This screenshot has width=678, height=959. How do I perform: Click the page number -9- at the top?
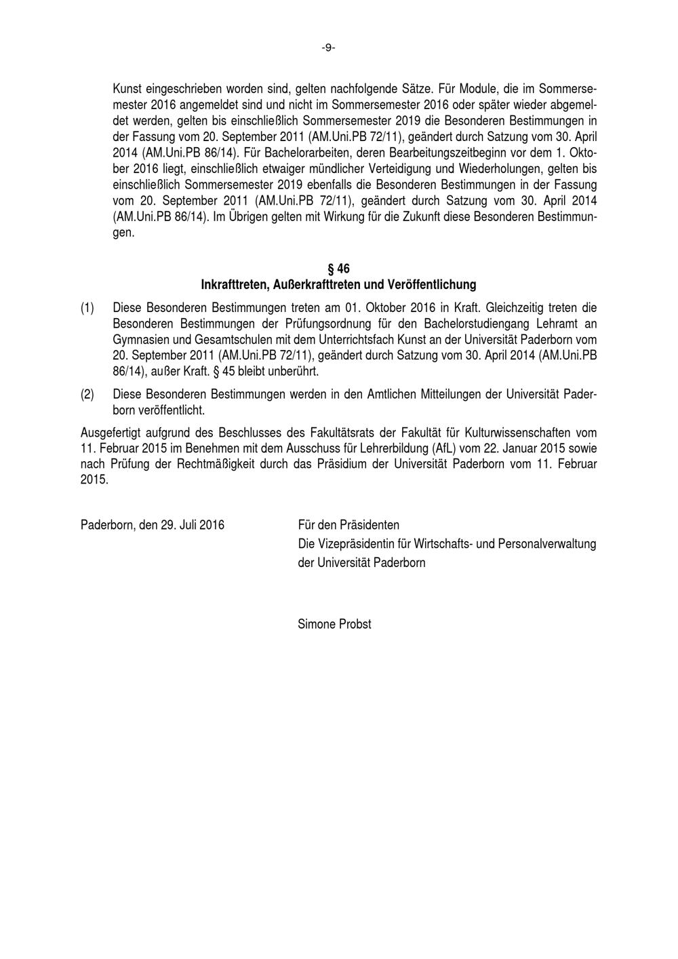point(328,48)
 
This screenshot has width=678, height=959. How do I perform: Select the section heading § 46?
point(338,269)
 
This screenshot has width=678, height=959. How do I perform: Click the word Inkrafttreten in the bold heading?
point(233,284)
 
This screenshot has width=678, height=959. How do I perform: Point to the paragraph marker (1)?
point(87,307)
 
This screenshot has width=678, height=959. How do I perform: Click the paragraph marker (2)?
point(87,394)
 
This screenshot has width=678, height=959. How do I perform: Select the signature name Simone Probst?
point(334,624)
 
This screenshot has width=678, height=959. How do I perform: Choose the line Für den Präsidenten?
point(348,525)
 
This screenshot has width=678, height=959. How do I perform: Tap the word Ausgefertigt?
point(110,433)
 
